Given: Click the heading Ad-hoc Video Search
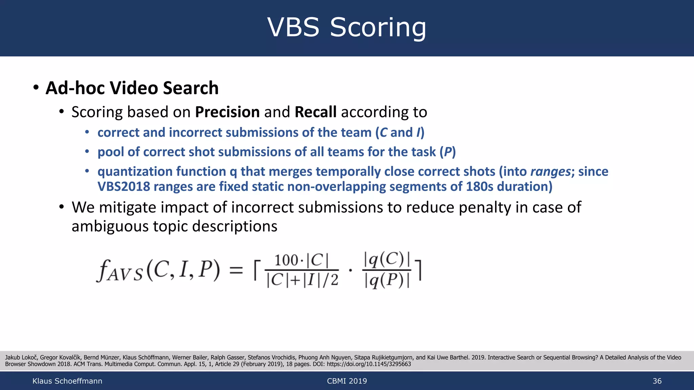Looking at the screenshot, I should [x=132, y=88].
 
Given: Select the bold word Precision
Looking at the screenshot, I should [x=227, y=112].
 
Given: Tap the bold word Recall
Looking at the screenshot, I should [x=315, y=112].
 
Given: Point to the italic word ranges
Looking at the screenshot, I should [x=550, y=172].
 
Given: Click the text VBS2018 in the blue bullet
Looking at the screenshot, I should [x=124, y=187].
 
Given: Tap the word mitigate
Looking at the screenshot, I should [x=127, y=207].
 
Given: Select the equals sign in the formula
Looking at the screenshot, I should [x=236, y=270].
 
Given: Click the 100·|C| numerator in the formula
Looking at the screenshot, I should [x=301, y=260].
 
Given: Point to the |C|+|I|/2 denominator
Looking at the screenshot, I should [x=302, y=280].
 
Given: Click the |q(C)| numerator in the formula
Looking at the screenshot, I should [x=387, y=260].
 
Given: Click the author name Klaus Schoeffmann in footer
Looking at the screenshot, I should [x=67, y=381].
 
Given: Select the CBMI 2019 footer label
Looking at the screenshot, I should [x=347, y=381].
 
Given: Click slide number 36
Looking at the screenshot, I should [x=657, y=381].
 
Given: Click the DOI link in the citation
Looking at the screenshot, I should [x=369, y=364].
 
